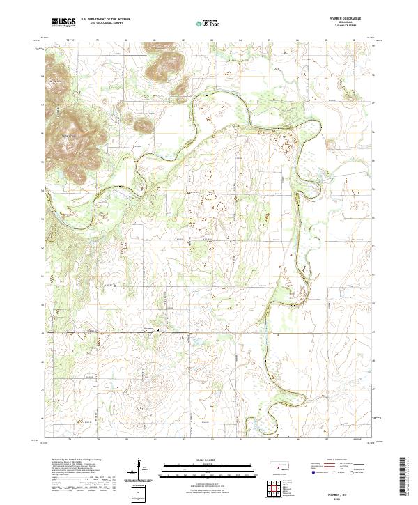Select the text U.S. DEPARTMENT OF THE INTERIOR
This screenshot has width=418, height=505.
tap(105, 20)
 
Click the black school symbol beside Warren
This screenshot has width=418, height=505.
tap(157, 330)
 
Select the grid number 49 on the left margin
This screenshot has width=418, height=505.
tap(43, 333)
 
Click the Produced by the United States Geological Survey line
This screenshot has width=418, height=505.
tap(77, 460)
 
